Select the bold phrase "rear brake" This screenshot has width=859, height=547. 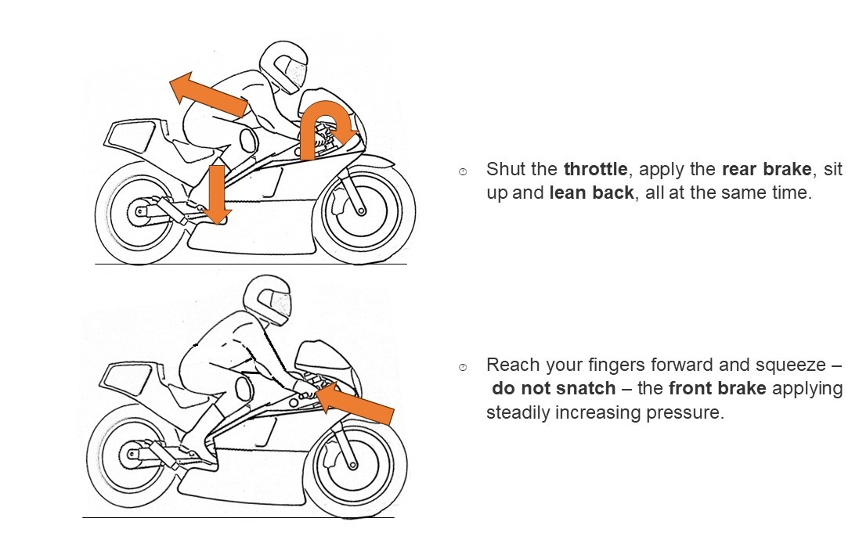click(x=766, y=169)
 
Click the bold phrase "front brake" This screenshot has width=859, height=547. click(x=717, y=388)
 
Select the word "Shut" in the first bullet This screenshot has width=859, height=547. click(x=503, y=169)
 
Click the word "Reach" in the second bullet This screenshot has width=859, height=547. click(x=511, y=365)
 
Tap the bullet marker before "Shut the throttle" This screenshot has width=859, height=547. click(x=463, y=171)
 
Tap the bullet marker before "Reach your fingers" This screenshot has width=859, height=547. click(x=463, y=367)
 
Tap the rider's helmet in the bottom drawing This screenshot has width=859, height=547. click(x=265, y=300)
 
